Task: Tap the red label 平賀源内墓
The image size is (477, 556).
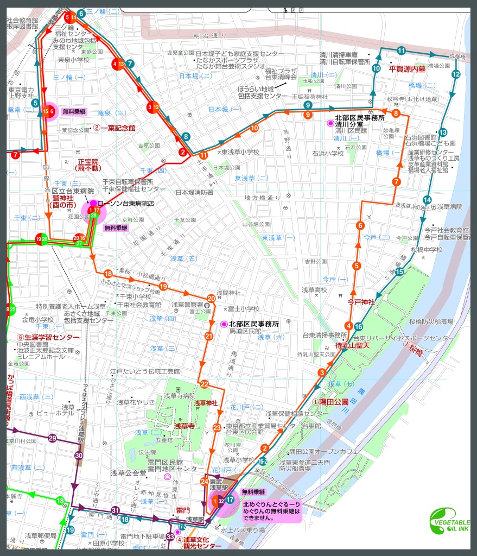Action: point(408,68)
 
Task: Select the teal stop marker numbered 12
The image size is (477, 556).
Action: point(455,74)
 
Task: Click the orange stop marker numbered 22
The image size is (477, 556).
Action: point(205,384)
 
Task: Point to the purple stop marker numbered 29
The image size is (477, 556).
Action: point(52,438)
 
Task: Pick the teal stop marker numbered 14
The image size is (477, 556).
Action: point(427,199)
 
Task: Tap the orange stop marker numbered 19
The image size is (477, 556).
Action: point(163,287)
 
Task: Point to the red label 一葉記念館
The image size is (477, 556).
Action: point(117,128)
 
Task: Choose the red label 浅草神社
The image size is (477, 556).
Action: point(206,403)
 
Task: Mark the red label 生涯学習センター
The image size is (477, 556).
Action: point(48,337)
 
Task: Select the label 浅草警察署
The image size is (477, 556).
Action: point(188,305)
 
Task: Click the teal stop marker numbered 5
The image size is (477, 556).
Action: point(35,103)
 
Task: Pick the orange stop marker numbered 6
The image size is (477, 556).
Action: point(359,225)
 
